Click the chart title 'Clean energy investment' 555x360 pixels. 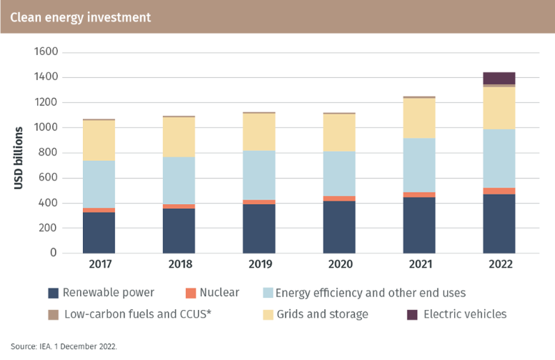tap(81, 17)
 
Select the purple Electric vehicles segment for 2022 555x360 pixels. tap(498, 78)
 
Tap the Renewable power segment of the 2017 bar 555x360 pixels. tap(99, 233)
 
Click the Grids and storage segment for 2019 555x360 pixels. tap(259, 132)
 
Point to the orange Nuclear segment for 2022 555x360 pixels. tap(498, 191)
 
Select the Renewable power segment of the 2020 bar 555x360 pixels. tap(339, 227)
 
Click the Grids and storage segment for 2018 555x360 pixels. tap(179, 137)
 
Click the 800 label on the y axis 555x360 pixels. tap(48, 152)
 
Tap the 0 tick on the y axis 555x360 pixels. tap(53, 253)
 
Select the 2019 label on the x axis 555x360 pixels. tap(259, 264)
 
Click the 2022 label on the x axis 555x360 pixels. tap(498, 264)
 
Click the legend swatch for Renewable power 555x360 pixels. tap(53, 293)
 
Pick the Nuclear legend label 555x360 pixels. tap(220, 293)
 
